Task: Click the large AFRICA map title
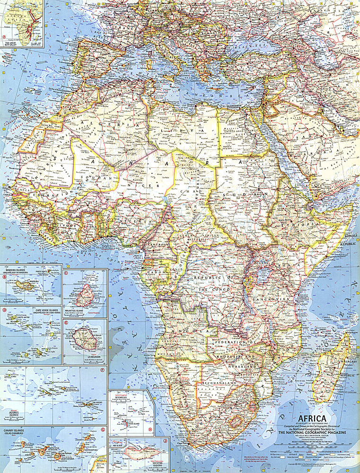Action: [x=311, y=418]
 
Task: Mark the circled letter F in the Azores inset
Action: [x=102, y=370]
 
